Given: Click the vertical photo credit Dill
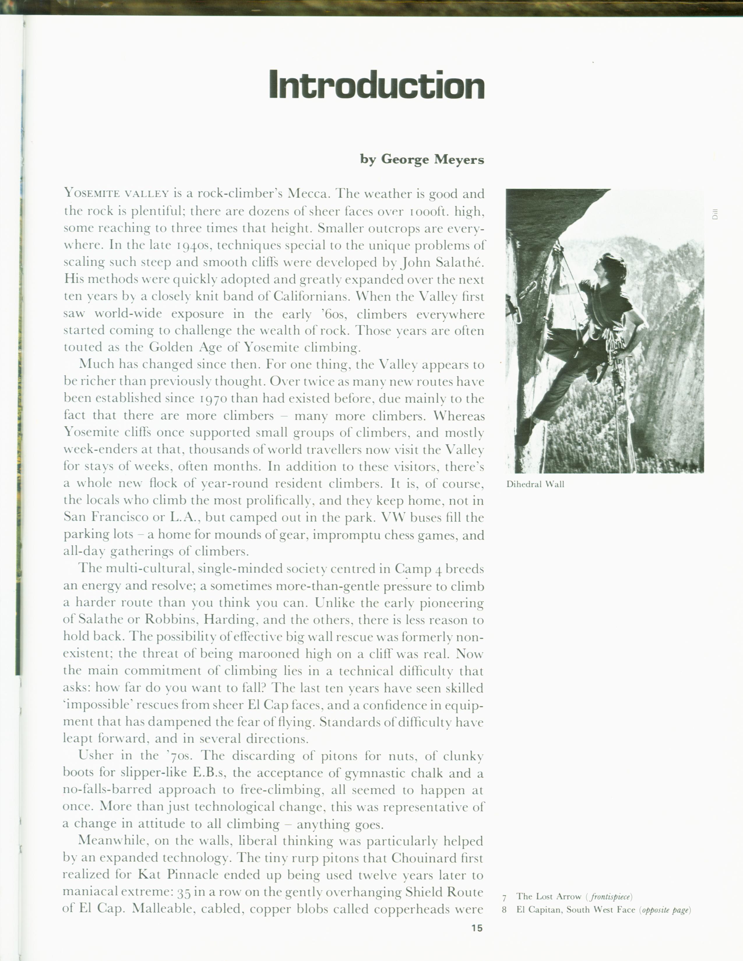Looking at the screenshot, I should [x=715, y=214].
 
